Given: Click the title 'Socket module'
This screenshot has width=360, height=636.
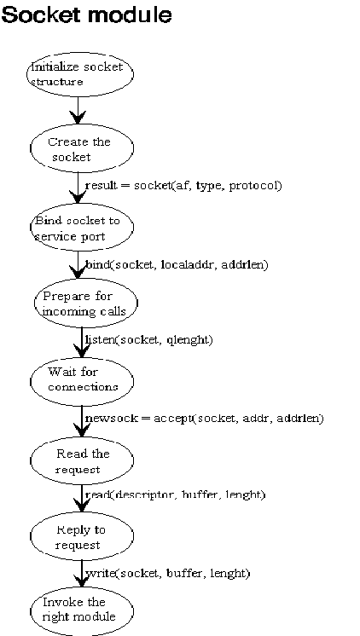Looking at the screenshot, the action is point(87,14).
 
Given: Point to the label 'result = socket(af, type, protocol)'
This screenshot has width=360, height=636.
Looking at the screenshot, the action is point(183,186).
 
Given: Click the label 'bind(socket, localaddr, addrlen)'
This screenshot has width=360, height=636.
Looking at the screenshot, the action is point(177,265).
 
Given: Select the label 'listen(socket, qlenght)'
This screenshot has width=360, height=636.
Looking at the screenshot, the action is point(149,339).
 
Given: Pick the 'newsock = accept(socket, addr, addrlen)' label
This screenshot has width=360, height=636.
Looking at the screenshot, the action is point(205,419).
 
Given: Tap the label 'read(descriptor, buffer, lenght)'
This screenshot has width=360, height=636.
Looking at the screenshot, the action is point(176,494).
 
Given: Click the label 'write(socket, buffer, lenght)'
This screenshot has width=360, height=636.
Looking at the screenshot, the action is point(167,573).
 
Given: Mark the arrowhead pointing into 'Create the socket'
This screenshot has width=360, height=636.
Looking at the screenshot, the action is point(78,118).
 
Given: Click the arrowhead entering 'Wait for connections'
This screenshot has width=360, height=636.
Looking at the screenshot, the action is point(82,351).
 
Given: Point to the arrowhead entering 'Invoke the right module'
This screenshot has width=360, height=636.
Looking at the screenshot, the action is point(82,581).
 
